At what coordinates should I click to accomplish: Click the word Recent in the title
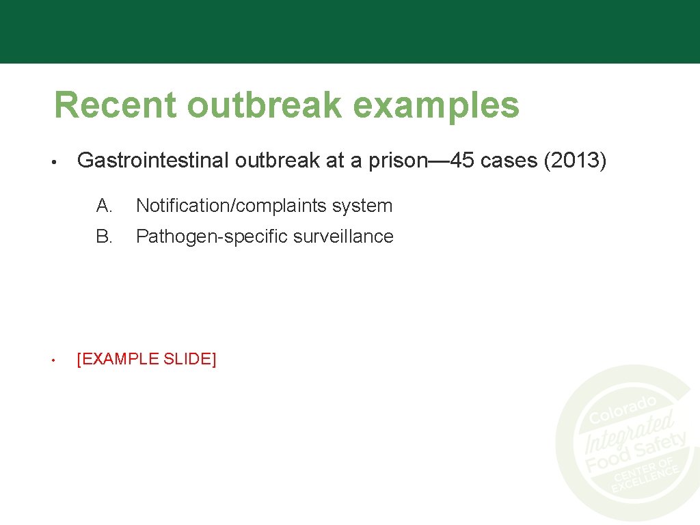[x=115, y=106]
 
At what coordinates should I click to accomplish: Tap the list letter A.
[x=104, y=205]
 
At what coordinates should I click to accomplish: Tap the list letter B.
[x=104, y=237]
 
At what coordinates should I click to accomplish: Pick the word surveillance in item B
[x=343, y=237]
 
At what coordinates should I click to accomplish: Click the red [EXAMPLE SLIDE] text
[x=146, y=359]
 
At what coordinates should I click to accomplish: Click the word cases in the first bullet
[x=509, y=161]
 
